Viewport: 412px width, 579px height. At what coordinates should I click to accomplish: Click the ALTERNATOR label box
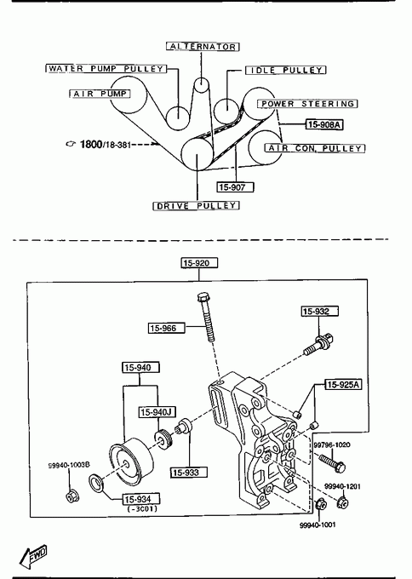pyautogui.click(x=203, y=47)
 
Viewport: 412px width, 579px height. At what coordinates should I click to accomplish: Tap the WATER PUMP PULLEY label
pyautogui.click(x=106, y=69)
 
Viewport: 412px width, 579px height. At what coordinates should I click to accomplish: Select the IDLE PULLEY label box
pyautogui.click(x=286, y=70)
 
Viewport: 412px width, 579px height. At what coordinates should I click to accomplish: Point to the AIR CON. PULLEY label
pyautogui.click(x=315, y=148)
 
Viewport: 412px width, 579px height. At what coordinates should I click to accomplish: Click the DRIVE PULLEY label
pyautogui.click(x=196, y=206)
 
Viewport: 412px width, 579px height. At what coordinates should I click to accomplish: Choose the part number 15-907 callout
pyautogui.click(x=235, y=187)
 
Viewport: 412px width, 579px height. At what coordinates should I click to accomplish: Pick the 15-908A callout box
pyautogui.click(x=324, y=125)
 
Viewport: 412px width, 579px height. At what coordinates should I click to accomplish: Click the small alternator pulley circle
pyautogui.click(x=201, y=85)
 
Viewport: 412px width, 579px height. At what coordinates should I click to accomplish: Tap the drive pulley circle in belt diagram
pyautogui.click(x=197, y=154)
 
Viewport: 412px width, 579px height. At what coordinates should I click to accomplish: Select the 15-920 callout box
pyautogui.click(x=199, y=263)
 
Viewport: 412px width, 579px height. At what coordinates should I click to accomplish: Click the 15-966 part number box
pyautogui.click(x=167, y=328)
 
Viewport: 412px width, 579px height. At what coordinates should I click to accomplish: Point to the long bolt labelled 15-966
pyautogui.click(x=206, y=317)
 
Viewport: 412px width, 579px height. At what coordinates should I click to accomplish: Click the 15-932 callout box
pyautogui.click(x=320, y=312)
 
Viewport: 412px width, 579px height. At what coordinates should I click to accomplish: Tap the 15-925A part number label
pyautogui.click(x=343, y=384)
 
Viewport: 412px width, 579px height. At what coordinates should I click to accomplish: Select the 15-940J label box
pyautogui.click(x=157, y=412)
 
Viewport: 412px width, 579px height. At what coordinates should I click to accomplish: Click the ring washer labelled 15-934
pyautogui.click(x=97, y=484)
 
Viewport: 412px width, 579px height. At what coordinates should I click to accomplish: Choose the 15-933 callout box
pyautogui.click(x=189, y=473)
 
